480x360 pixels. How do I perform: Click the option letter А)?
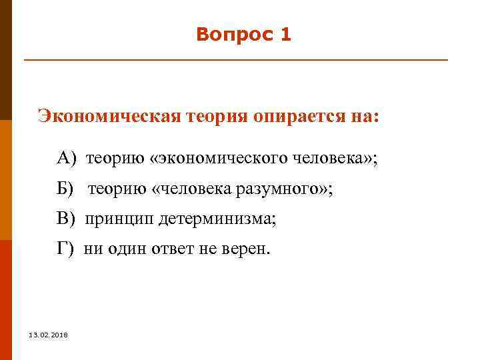pos(68,159)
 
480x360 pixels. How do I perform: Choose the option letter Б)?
pos(68,189)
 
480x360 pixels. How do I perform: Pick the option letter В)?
pos(68,219)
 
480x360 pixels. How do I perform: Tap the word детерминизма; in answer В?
pos(217,219)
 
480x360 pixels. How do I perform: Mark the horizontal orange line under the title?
pos(236,61)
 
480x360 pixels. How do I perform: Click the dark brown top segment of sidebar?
pos(5,60)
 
